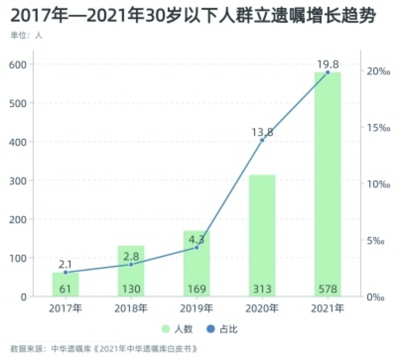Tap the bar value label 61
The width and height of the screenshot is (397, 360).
[66, 289]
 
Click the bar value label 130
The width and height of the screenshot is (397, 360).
[131, 289]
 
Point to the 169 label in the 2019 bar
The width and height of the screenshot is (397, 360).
[197, 289]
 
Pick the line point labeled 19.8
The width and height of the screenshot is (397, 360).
[328, 72]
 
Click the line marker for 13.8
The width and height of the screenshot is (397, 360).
[262, 140]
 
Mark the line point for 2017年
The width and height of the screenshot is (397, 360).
[66, 272]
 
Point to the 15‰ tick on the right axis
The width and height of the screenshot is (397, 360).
[376, 128]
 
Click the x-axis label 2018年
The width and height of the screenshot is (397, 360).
[131, 308]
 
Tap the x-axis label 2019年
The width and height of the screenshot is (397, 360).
[197, 308]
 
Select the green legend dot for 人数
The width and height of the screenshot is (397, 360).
[166, 329]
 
